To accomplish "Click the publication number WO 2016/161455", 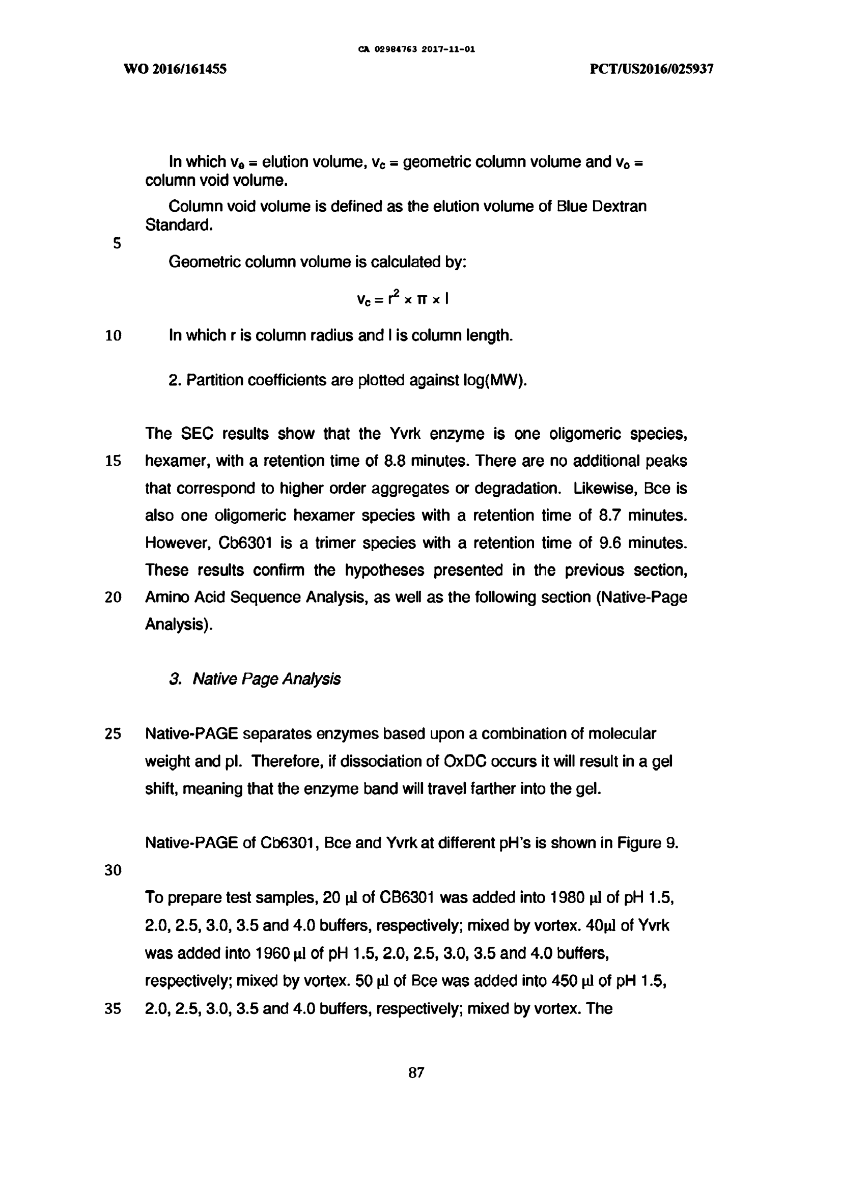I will [x=175, y=69].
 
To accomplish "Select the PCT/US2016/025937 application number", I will [x=652, y=69].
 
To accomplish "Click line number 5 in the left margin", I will [x=117, y=243].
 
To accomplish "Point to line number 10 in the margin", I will [x=113, y=336].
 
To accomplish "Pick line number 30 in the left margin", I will [x=113, y=870].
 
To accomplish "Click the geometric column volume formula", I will [x=402, y=298].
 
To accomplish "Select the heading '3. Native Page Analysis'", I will [x=255, y=679].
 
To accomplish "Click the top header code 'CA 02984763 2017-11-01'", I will [x=416, y=50].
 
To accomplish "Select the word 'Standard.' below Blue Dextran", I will [x=179, y=225].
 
